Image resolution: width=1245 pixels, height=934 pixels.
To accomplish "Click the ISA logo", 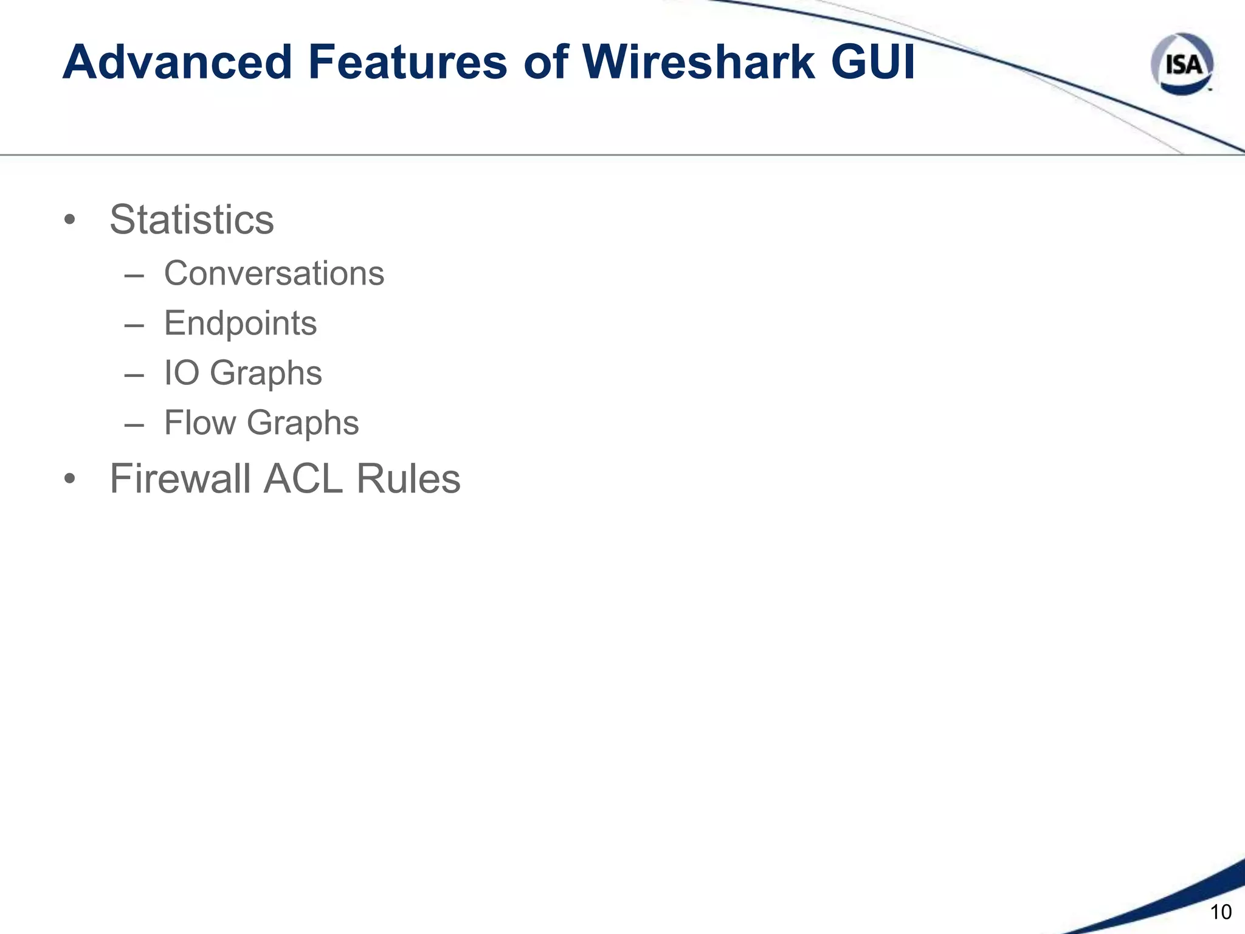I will click(x=1182, y=64).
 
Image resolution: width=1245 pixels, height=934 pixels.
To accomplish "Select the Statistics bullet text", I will click(x=191, y=220).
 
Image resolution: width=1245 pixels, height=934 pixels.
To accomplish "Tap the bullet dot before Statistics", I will click(x=70, y=220).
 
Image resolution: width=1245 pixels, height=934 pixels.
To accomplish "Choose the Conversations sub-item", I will click(x=274, y=274).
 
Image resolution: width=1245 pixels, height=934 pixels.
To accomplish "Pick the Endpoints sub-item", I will click(x=240, y=323).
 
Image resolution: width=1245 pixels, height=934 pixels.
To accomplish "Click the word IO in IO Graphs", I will click(x=182, y=373).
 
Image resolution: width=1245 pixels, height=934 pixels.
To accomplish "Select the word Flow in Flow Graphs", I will click(x=200, y=423).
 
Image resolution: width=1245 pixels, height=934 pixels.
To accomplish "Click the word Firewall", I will click(x=180, y=479).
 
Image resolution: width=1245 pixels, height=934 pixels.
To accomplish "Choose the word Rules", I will click(x=409, y=479).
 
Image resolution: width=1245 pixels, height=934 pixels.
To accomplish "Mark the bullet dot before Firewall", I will click(x=70, y=480).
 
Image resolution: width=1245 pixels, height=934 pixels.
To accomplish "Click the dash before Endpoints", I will click(x=134, y=325).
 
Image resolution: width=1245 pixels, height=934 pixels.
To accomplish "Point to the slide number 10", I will click(x=1221, y=912).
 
